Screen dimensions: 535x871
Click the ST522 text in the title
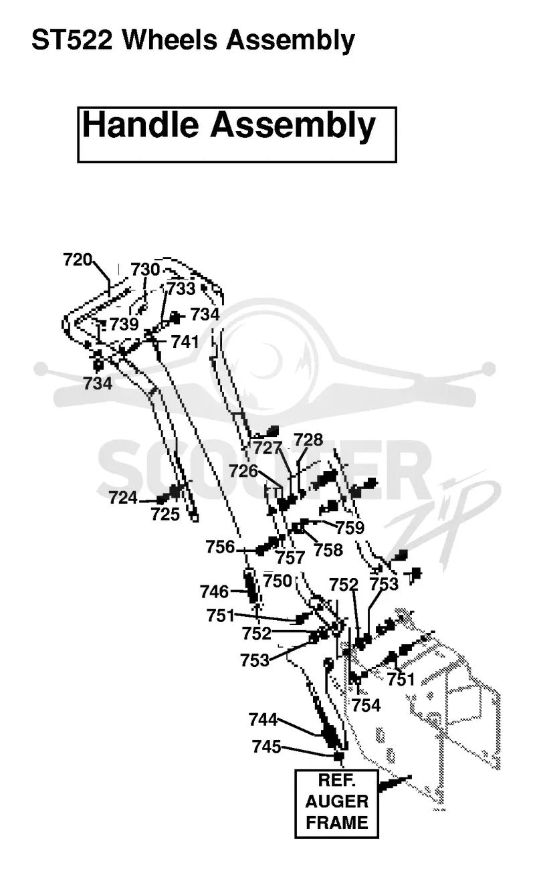pos(72,40)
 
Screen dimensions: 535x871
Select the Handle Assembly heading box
pos(237,134)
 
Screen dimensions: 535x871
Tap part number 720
pos(78,260)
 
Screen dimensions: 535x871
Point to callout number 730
pos(145,270)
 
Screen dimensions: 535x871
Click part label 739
pos(124,324)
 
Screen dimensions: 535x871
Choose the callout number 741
pos(185,342)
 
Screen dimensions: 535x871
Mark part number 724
pos(123,498)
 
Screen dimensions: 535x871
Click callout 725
pos(166,514)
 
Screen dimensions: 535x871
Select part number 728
pos(308,440)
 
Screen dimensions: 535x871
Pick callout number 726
pos(243,471)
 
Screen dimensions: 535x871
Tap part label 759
pos(350,528)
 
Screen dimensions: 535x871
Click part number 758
pos(328,550)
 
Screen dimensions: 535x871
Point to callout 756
pos(221,547)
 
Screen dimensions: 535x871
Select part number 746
pos(214,592)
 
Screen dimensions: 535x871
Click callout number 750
pos(278,581)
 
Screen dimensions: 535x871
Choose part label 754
pos(366,705)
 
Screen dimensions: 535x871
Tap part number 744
pos(263,720)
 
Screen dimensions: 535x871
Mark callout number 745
pos(267,747)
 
